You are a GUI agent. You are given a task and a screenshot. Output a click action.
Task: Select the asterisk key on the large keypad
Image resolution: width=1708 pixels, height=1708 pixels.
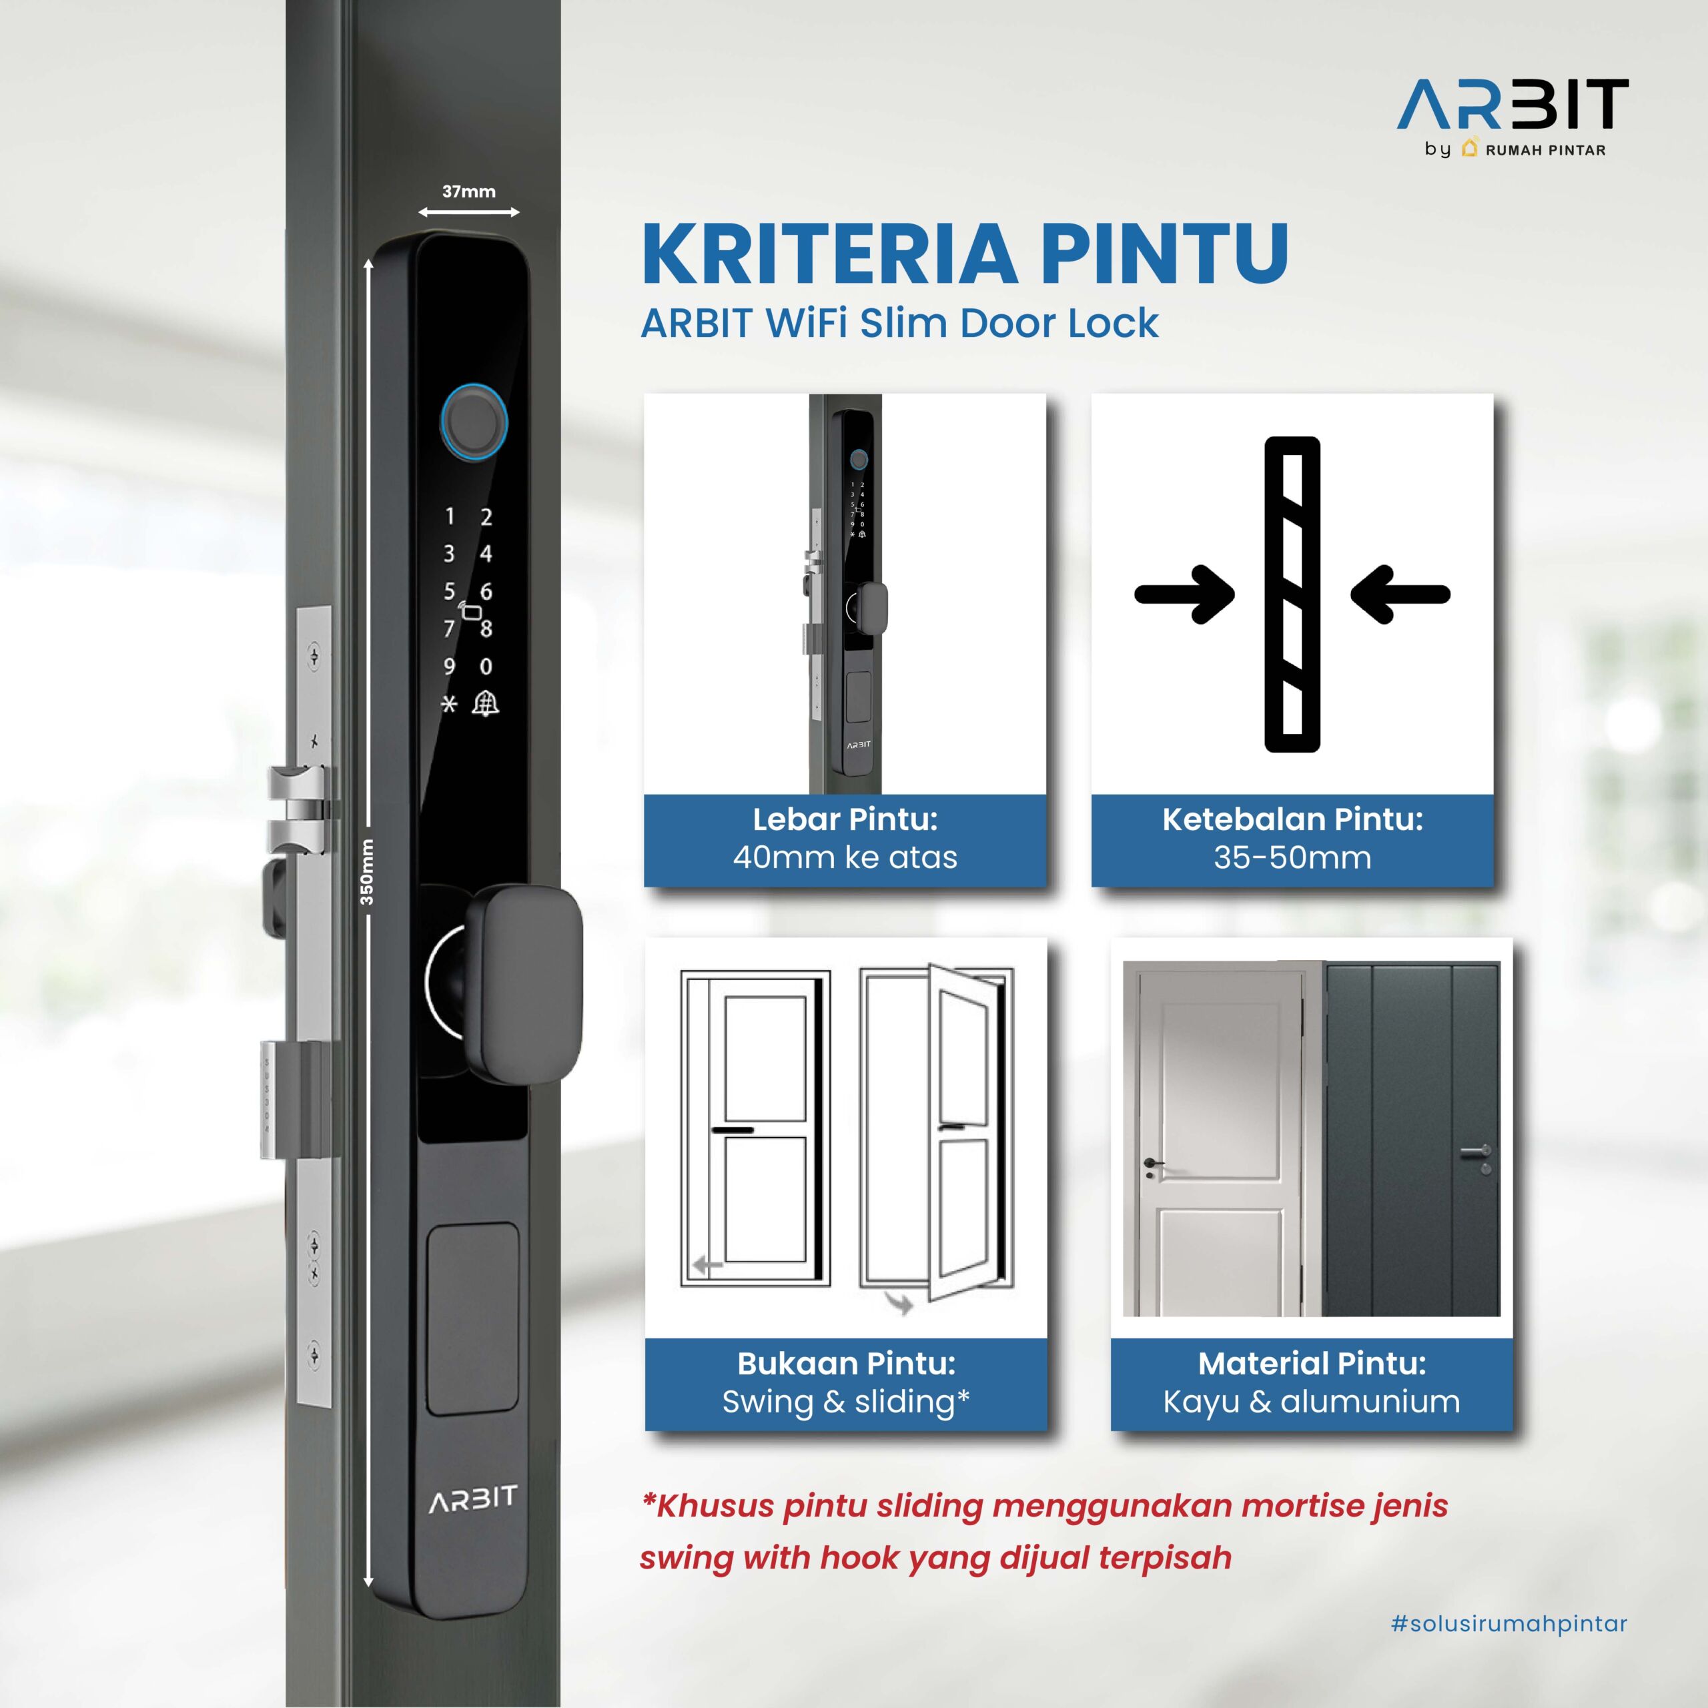click(449, 705)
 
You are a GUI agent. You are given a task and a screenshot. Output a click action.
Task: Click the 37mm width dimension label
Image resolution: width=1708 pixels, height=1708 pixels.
click(468, 191)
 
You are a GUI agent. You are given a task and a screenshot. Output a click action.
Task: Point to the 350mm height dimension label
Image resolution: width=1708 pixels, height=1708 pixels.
click(366, 872)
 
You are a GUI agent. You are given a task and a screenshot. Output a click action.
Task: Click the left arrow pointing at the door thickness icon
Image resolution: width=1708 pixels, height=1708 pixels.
click(1185, 594)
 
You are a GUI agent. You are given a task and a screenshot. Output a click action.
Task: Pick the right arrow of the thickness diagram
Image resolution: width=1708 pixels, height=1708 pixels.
click(1400, 594)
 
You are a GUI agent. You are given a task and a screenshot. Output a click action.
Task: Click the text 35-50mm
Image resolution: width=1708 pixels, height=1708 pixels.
click(1292, 857)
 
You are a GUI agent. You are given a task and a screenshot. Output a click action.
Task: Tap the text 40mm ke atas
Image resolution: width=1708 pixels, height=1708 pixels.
click(845, 857)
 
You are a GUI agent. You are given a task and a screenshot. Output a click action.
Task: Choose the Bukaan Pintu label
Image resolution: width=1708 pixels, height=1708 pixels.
click(846, 1362)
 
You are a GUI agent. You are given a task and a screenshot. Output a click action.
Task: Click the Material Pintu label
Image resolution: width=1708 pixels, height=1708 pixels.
click(1312, 1362)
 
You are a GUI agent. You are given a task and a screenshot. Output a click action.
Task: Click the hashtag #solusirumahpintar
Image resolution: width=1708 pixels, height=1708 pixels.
click(1509, 1623)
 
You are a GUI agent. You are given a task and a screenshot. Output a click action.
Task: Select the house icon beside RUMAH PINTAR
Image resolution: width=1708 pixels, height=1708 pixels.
click(1469, 147)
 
